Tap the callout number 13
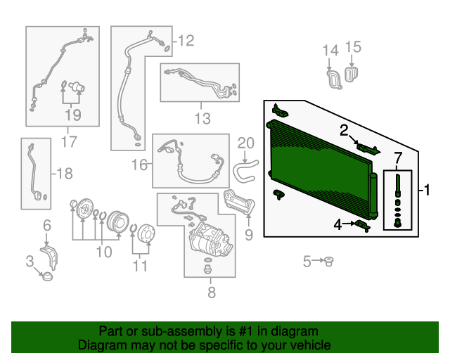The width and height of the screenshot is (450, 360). click(x=202, y=117)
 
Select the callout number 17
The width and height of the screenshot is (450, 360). click(x=67, y=142)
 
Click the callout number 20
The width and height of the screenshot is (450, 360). click(x=244, y=143)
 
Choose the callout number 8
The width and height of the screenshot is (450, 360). click(x=212, y=292)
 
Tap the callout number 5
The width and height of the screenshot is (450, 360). click(x=307, y=262)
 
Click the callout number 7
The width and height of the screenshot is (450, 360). click(x=398, y=158)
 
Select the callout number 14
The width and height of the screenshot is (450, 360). click(x=330, y=49)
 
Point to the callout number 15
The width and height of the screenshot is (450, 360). click(x=353, y=47)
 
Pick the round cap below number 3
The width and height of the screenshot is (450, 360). click(x=47, y=276)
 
